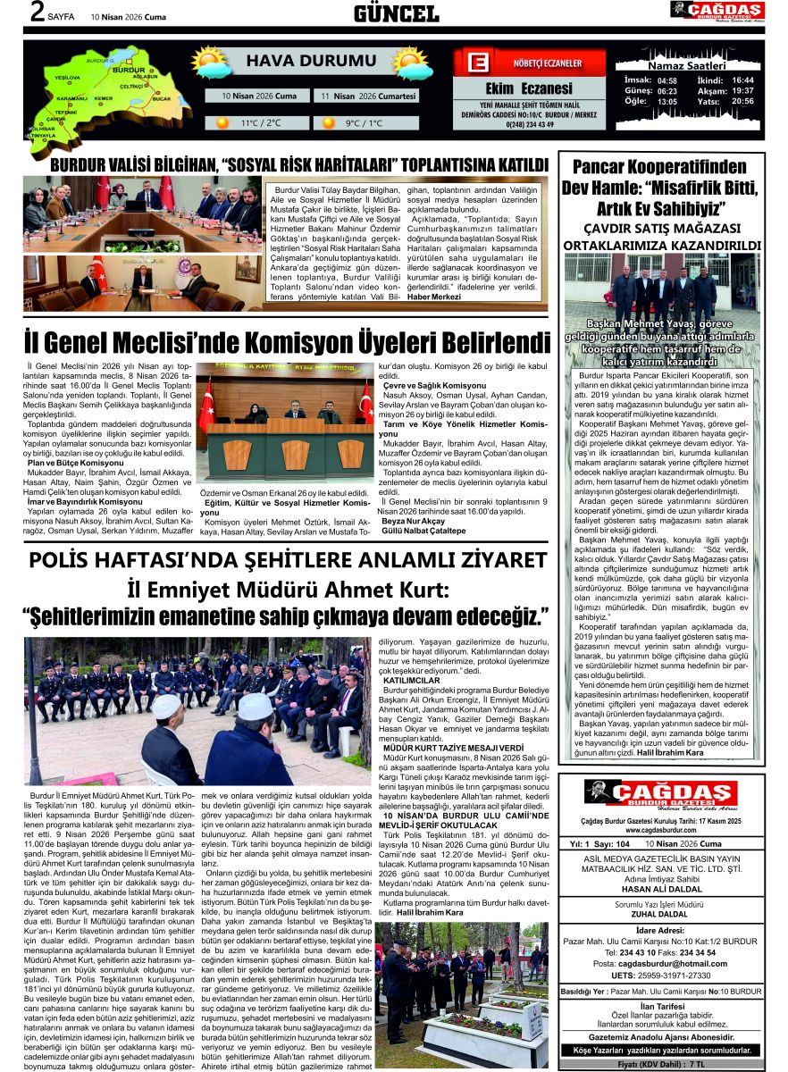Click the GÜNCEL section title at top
click(396, 13)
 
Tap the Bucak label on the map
click(161, 98)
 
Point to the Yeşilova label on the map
click(68, 79)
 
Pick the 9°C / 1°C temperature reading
click(366, 123)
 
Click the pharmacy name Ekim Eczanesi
click(528, 88)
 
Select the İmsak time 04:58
click(666, 80)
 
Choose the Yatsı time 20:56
click(742, 102)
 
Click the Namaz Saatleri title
click(689, 66)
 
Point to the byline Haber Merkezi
click(434, 297)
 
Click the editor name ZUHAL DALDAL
click(661, 913)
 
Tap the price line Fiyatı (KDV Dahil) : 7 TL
click(661, 1065)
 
